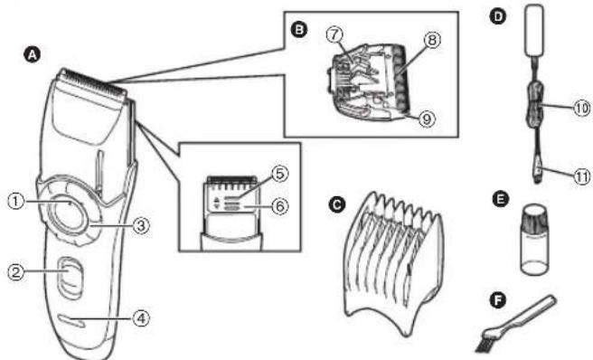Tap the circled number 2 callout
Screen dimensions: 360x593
point(15,269)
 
